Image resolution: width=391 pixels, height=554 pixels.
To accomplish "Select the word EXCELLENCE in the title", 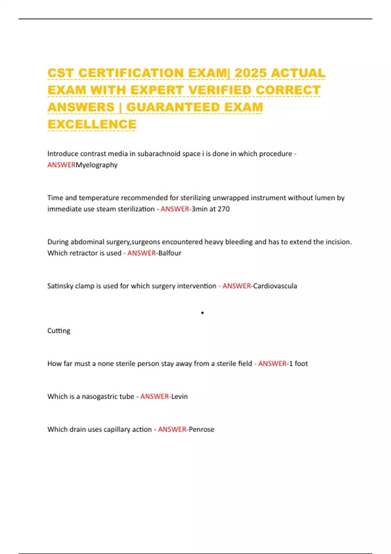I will (92, 124).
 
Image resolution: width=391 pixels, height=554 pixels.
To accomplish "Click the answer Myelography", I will (96, 165).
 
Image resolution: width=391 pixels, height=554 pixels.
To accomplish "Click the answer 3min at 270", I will (210, 209).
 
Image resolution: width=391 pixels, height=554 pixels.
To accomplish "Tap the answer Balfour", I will (169, 253).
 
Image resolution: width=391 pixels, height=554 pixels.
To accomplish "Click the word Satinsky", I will (60, 286).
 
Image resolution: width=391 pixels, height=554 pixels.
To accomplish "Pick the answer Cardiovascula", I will (275, 286).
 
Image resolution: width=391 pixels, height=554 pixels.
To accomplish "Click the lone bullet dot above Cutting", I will (202, 313).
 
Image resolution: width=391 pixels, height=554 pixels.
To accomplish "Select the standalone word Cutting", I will (59, 330).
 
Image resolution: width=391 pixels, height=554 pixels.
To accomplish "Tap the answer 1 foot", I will (298, 363).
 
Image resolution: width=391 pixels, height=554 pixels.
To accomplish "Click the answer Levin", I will (180, 396).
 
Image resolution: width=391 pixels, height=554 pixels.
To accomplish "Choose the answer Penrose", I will (201, 429).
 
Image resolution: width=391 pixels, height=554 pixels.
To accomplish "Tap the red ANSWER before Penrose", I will (172, 429).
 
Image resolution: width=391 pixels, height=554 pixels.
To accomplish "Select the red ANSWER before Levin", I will (154, 396).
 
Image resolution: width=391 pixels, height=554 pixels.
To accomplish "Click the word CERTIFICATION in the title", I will (131, 73).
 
